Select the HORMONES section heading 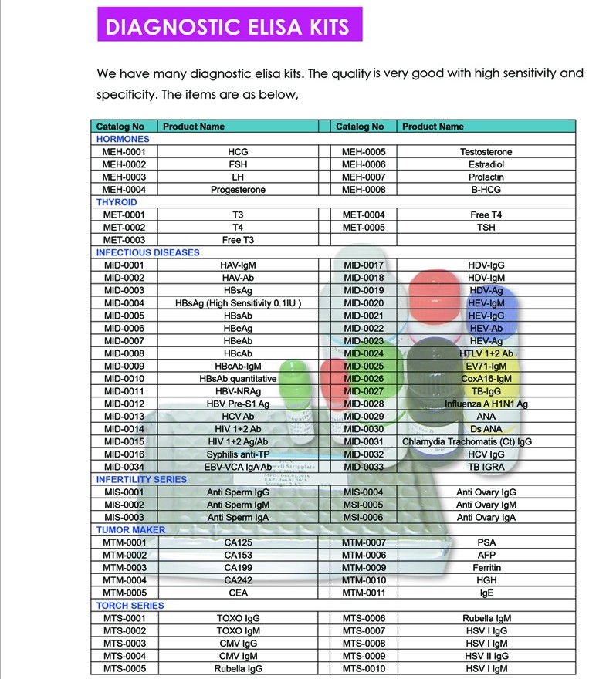123,139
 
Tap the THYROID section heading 117,202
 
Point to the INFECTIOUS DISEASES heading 147,252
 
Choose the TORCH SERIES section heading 130,606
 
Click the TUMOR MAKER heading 130,530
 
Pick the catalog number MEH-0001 124,152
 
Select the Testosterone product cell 486,152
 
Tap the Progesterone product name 238,190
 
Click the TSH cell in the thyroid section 486,228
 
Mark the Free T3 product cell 238,240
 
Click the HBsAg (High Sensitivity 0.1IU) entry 238,303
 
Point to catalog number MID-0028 364,404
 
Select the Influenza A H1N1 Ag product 486,404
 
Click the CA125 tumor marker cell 238,542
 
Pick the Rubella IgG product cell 238,669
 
